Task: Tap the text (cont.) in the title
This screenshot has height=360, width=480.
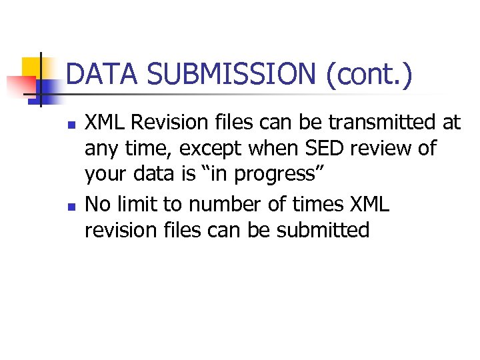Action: coord(369,73)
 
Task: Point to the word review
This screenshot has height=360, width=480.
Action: coord(377,147)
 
